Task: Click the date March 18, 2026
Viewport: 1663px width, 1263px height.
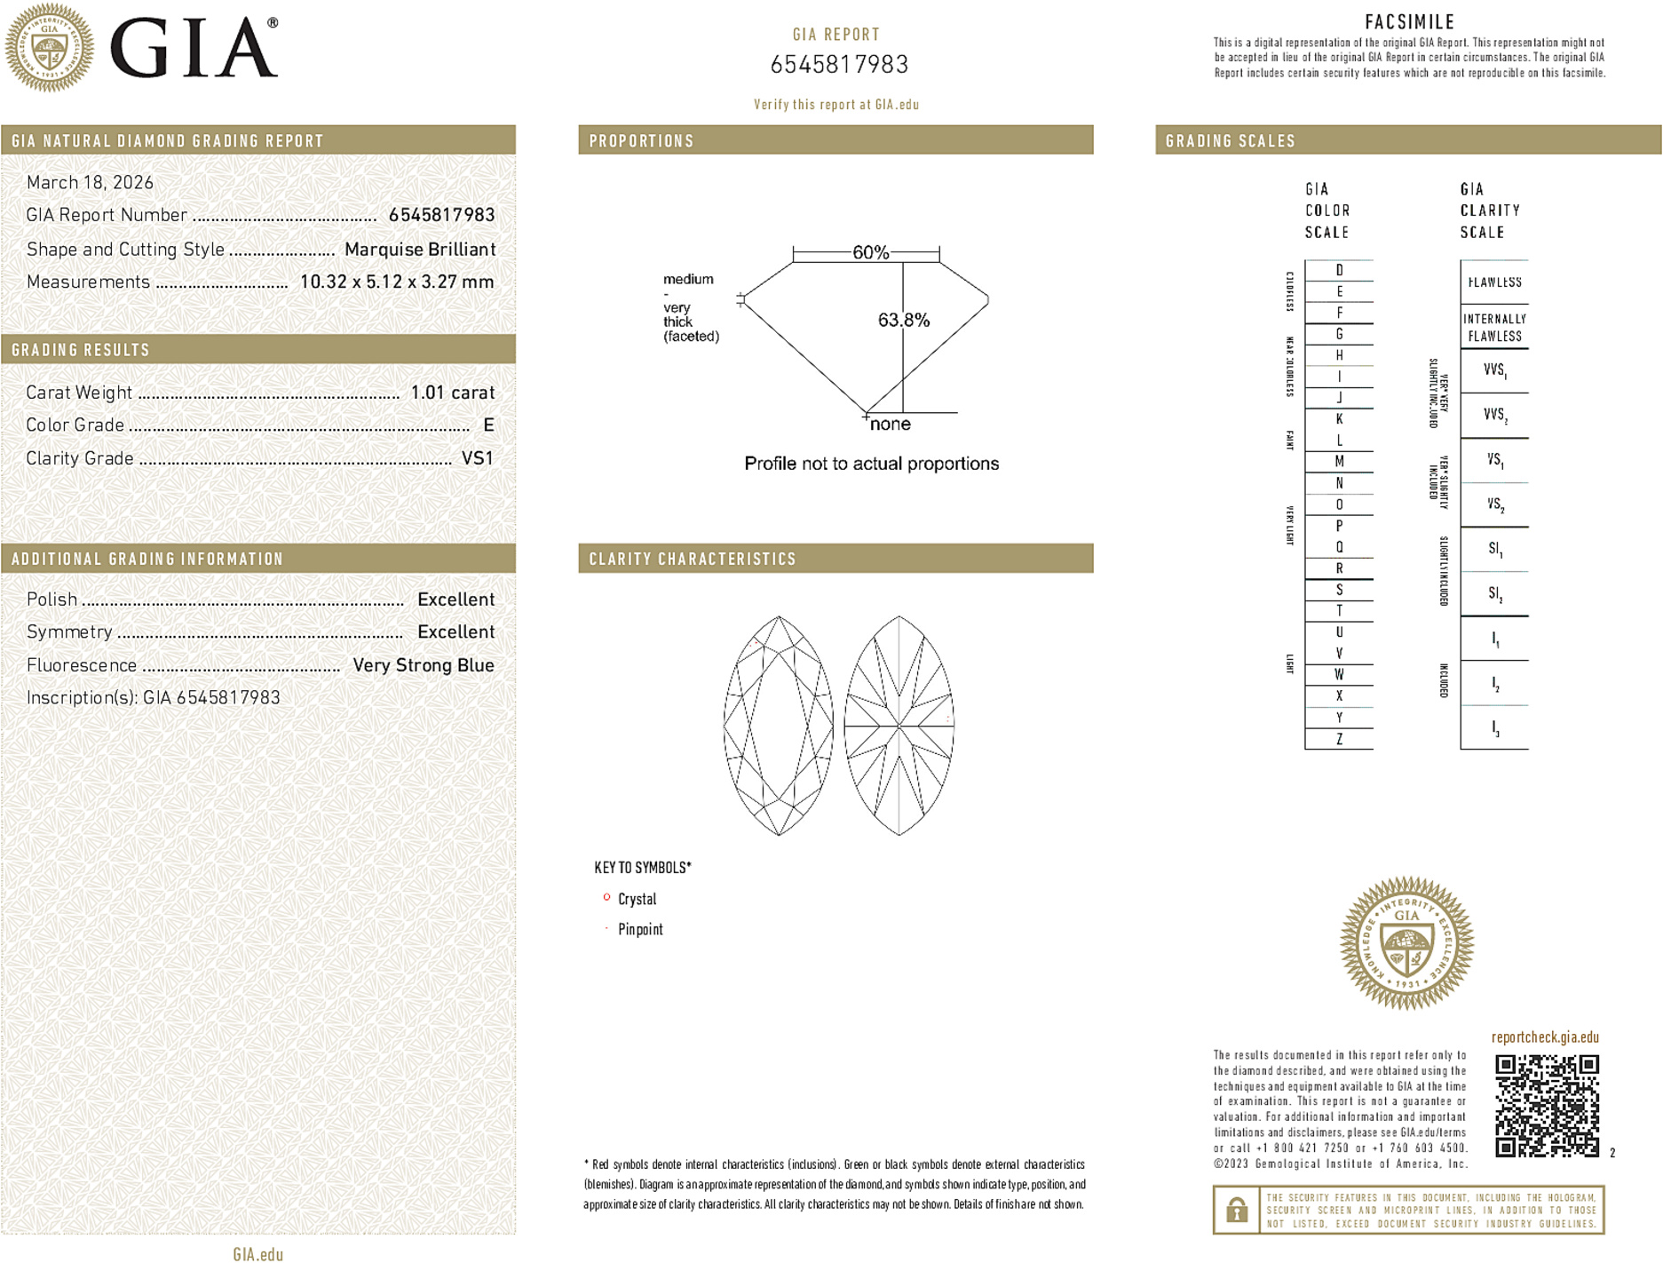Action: tap(90, 183)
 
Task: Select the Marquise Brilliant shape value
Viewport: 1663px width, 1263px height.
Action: tap(419, 250)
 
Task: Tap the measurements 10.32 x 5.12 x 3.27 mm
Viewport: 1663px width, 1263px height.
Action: tap(396, 282)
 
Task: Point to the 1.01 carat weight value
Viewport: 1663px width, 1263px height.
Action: tap(452, 393)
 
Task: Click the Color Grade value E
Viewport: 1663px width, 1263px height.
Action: tap(488, 425)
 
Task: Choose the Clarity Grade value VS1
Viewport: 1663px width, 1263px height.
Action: tap(477, 458)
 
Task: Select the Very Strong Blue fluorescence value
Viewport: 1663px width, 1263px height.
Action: tap(423, 665)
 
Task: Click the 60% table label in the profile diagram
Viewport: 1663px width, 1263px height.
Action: tap(870, 252)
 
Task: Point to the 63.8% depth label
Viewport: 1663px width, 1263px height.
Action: tap(903, 320)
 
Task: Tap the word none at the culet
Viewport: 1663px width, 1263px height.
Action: tap(890, 425)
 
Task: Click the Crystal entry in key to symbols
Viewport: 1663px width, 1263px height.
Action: tap(637, 900)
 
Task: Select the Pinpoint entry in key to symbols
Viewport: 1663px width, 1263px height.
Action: tap(640, 930)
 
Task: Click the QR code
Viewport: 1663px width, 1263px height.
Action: tap(1546, 1106)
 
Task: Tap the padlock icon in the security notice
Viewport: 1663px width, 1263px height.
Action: tap(1236, 1210)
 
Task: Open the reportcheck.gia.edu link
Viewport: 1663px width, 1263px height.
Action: tap(1545, 1037)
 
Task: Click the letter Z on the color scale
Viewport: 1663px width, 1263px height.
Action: tap(1339, 739)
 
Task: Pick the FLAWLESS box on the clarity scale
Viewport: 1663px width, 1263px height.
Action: tap(1494, 282)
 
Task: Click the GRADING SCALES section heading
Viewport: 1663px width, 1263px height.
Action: tap(1230, 141)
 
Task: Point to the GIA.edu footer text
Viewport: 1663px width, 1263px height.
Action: tap(257, 1254)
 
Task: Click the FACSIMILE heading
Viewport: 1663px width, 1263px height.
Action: tap(1409, 22)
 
